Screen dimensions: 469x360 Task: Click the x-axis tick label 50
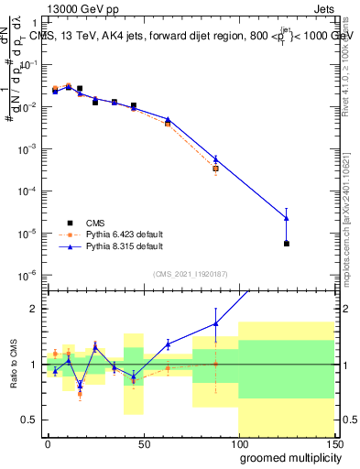pos(143,442)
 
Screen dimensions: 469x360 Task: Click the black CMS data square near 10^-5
pos(287,244)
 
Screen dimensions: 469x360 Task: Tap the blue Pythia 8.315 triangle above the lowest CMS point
pos(287,218)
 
